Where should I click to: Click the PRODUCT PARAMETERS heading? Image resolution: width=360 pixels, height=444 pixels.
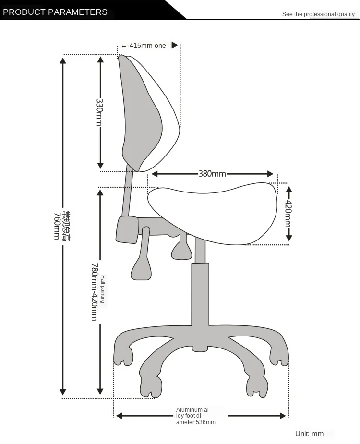(55, 12)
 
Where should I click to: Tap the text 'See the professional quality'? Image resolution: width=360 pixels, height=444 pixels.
(318, 14)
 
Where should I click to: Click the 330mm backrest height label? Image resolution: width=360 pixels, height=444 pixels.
(100, 112)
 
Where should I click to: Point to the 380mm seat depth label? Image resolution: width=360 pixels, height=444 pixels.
(212, 174)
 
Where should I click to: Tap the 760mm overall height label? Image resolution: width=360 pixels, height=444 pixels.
(62, 226)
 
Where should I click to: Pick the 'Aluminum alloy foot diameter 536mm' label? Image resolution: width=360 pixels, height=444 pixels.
(195, 416)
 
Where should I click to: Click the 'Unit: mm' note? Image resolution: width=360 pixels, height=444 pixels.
(309, 434)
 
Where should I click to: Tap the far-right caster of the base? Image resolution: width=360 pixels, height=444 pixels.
(278, 355)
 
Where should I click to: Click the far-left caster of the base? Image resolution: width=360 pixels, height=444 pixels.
(123, 355)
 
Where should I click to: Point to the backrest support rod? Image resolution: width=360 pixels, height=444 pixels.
(128, 192)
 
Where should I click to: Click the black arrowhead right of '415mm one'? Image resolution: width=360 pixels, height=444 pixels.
(174, 45)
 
